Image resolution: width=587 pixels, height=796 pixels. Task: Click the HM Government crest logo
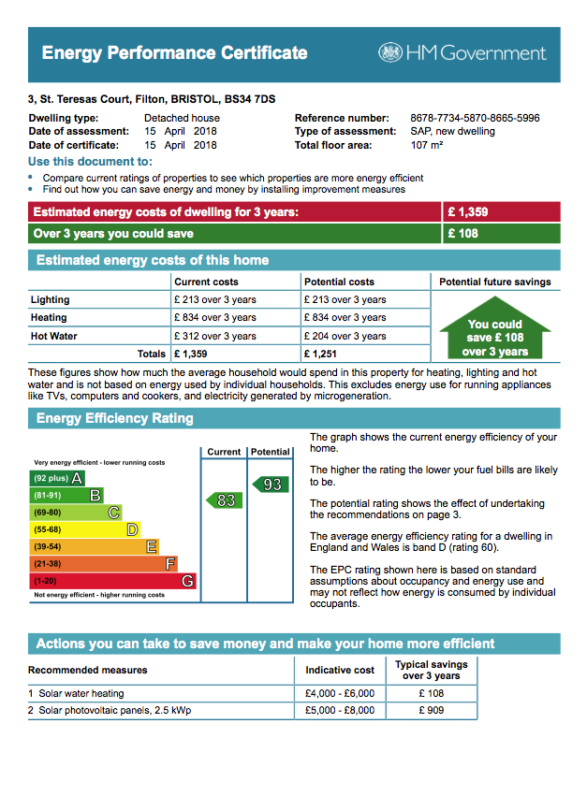[389, 53]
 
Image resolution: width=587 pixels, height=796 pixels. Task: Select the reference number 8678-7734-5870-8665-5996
[475, 118]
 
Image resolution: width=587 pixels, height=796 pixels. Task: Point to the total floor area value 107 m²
[426, 145]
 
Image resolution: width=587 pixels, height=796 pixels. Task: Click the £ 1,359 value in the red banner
[467, 212]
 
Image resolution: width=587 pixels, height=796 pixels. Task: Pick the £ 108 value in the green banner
[462, 233]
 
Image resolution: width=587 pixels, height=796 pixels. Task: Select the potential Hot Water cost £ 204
[345, 336]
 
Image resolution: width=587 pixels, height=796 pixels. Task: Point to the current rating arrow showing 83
[224, 500]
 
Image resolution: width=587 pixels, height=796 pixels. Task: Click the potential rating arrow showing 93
[270, 484]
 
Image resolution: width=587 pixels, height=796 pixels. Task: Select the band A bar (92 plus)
[57, 479]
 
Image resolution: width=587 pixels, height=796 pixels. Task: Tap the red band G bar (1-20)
[112, 581]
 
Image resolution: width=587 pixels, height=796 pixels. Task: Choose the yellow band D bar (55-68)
[84, 529]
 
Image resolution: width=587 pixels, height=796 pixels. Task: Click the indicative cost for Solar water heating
[339, 693]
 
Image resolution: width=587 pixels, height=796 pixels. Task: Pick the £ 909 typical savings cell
[432, 711]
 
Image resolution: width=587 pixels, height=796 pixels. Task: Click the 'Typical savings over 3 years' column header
[431, 670]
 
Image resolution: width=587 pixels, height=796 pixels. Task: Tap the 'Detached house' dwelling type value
[182, 118]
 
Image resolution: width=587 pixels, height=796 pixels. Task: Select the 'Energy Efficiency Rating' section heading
[114, 418]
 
